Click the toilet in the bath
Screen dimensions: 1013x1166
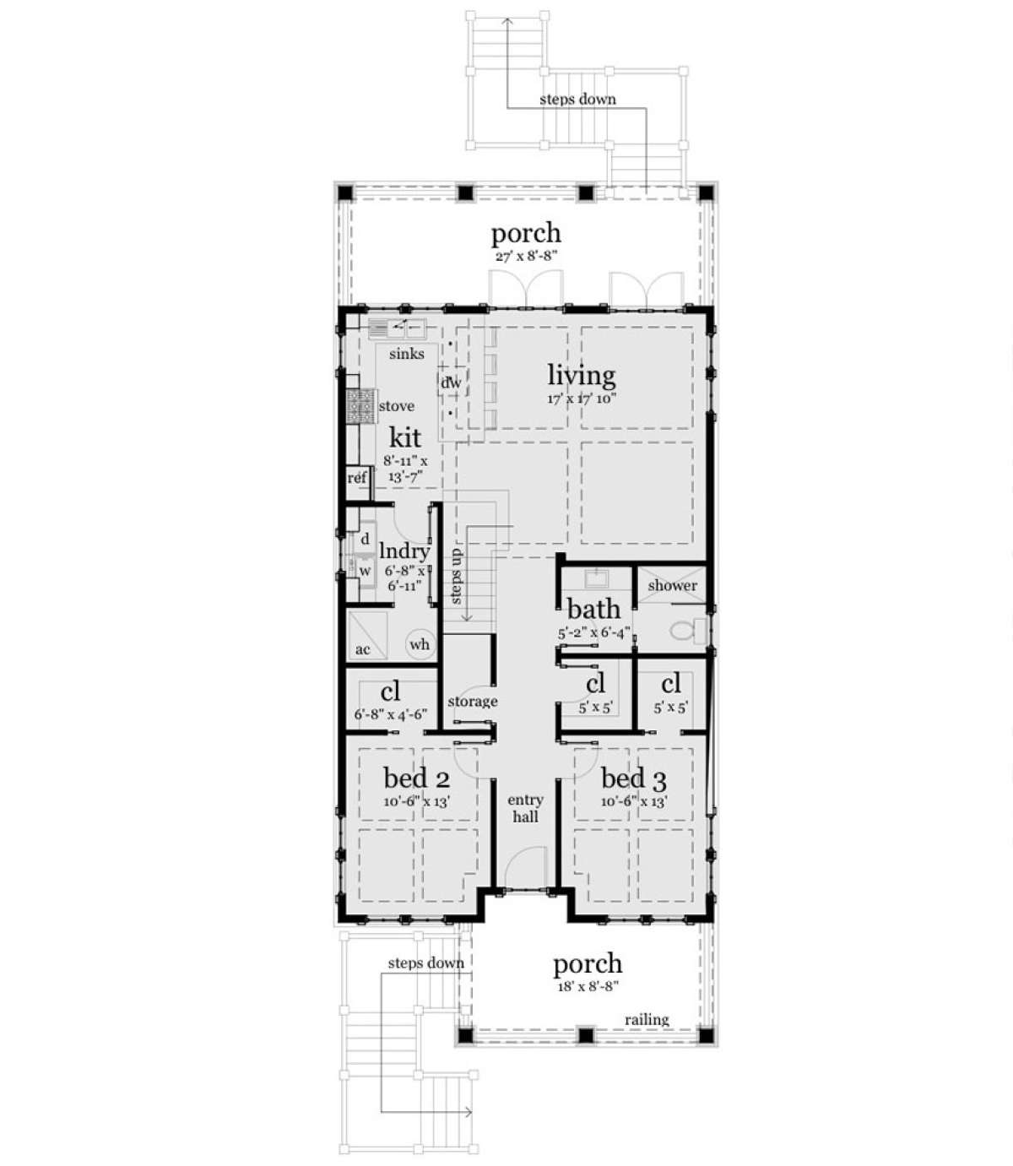[686, 631]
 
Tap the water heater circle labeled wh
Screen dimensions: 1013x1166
[420, 644]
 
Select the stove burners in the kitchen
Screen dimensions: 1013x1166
[360, 406]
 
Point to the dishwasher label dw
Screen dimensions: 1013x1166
[451, 382]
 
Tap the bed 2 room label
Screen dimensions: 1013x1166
[416, 778]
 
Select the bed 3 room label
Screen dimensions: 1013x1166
[634, 778]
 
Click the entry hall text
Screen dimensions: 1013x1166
[525, 808]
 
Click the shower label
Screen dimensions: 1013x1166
[672, 585]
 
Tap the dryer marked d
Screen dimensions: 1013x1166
[365, 539]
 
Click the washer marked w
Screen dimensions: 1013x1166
[365, 571]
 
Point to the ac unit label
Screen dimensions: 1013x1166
[362, 649]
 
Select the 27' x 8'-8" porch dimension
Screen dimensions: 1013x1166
[525, 255]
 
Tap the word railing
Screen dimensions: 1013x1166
[647, 1020]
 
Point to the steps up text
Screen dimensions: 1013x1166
[456, 576]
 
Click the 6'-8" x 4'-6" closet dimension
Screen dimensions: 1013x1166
[390, 714]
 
